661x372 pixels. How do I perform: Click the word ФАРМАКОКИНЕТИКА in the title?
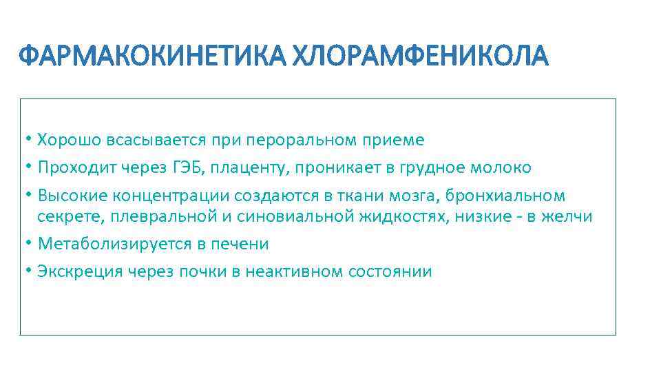(x=153, y=56)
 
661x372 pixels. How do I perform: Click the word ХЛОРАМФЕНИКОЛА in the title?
(x=421, y=56)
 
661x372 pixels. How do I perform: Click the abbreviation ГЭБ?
(x=172, y=168)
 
